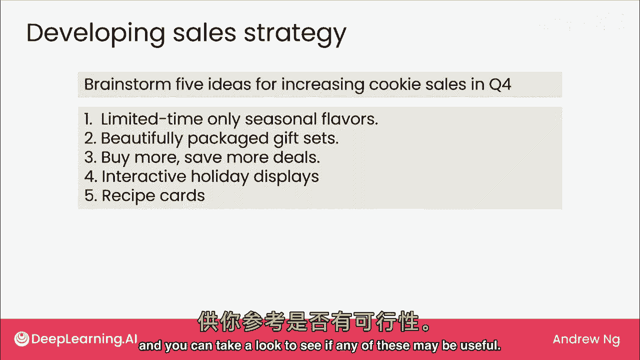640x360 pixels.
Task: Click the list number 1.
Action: [x=88, y=119]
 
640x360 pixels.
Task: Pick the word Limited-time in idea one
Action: [x=151, y=119]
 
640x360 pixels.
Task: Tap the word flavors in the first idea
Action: [x=349, y=119]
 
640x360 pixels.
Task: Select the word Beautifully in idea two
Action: [x=141, y=138]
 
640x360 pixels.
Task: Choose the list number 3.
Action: [x=90, y=157]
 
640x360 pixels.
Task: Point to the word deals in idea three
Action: [x=296, y=157]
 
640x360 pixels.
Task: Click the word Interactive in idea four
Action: [x=144, y=176]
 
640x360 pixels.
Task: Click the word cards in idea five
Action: [x=182, y=195]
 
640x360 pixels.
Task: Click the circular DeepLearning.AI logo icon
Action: [x=21, y=339]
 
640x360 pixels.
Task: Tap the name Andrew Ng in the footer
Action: [x=586, y=339]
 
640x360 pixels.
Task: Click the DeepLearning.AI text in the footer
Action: [x=84, y=339]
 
